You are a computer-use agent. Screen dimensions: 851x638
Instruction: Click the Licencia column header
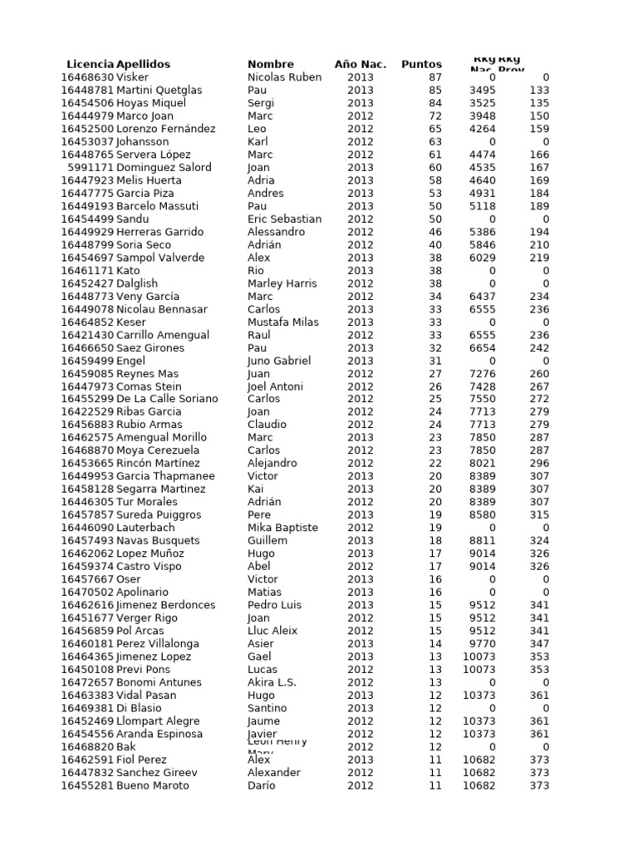[90, 64]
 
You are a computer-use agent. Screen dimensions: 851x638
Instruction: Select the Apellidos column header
[143, 64]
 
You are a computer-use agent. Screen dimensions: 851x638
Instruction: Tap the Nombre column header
[271, 64]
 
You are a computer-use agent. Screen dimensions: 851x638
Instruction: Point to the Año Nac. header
[361, 64]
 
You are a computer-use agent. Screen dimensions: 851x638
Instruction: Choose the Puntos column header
[421, 64]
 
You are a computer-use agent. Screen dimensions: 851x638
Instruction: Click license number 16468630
[87, 77]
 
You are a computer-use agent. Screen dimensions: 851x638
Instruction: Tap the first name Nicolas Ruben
[284, 77]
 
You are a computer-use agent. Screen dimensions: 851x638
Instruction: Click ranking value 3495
[482, 90]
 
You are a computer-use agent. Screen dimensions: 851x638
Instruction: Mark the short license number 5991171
[91, 167]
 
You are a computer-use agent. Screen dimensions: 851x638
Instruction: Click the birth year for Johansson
[361, 141]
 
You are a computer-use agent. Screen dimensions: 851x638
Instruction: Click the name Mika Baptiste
[282, 528]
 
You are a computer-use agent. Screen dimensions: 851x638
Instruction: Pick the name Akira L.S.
[272, 682]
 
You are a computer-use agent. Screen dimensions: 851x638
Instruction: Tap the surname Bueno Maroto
[152, 785]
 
